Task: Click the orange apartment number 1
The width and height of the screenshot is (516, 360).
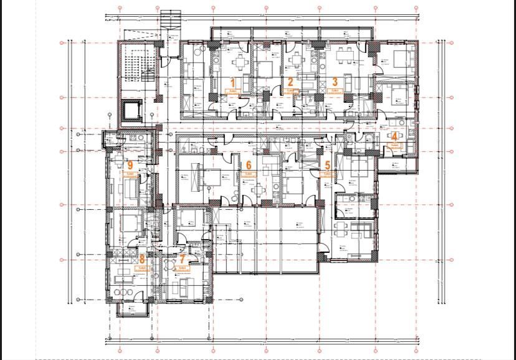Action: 234,82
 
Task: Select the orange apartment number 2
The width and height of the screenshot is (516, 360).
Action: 290,82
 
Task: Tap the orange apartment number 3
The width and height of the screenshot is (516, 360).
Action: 335,82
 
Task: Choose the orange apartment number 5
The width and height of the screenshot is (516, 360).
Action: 328,166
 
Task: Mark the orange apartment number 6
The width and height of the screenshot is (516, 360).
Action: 249,166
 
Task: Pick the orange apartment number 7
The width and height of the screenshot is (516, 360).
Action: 182,260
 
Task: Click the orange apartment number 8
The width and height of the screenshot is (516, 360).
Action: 142,259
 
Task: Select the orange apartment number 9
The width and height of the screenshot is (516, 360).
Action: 130,166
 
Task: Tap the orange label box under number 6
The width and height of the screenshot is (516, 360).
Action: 249,176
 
